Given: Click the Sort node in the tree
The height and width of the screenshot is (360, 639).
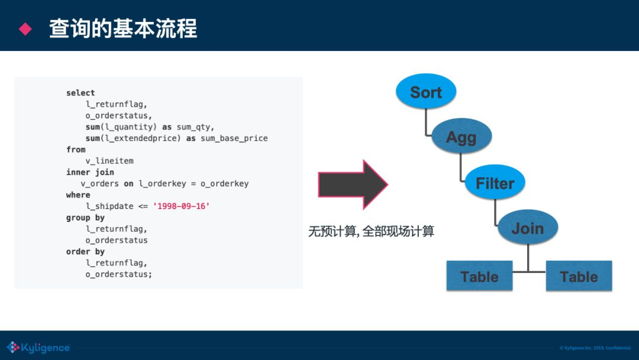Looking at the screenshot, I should (426, 92).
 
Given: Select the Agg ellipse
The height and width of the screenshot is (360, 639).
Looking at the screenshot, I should (461, 137).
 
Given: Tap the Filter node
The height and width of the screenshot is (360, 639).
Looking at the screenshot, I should (495, 183).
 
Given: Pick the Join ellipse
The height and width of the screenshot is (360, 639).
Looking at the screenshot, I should (527, 228).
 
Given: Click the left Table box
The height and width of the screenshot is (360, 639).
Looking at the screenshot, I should (479, 276).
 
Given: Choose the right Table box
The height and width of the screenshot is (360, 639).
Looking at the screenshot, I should (579, 276).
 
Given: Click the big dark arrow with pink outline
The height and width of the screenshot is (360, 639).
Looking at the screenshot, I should (353, 184).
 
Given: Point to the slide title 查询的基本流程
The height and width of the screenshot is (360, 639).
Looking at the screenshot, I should (123, 28).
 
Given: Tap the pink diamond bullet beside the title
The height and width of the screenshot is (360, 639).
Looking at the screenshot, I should (25, 28).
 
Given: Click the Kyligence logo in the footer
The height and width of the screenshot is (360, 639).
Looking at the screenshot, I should (38, 348).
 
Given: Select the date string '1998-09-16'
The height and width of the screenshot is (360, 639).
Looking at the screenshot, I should (181, 206).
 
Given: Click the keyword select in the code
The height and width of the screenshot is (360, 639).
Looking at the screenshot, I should (80, 93).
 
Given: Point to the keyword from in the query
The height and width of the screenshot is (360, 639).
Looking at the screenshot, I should (76, 150).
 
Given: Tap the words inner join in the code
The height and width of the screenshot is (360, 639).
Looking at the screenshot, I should (90, 172).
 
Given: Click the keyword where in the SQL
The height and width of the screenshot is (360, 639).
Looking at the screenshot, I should (78, 195).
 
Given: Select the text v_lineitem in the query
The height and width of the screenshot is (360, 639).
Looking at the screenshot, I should (109, 161).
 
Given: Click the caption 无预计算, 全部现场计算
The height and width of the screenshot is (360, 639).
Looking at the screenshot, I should (371, 232).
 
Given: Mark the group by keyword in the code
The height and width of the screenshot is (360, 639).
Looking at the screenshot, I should (85, 218).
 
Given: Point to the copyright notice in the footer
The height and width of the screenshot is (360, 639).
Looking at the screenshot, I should (595, 348).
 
